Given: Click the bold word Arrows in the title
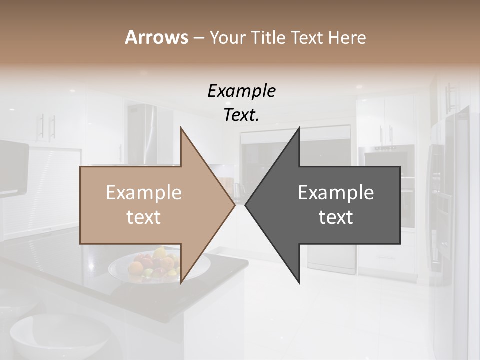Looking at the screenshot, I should coord(156,37).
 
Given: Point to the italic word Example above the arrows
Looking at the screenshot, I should coord(241,91).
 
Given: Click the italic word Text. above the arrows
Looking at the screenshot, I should coord(241,115).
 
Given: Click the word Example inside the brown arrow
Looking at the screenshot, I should coord(143,193).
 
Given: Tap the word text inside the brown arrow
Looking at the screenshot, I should coord(143,217).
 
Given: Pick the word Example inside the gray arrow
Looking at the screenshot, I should coord(336,193).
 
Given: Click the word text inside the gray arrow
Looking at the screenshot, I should coord(336,217).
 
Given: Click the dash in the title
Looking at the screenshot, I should coord(198,38).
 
